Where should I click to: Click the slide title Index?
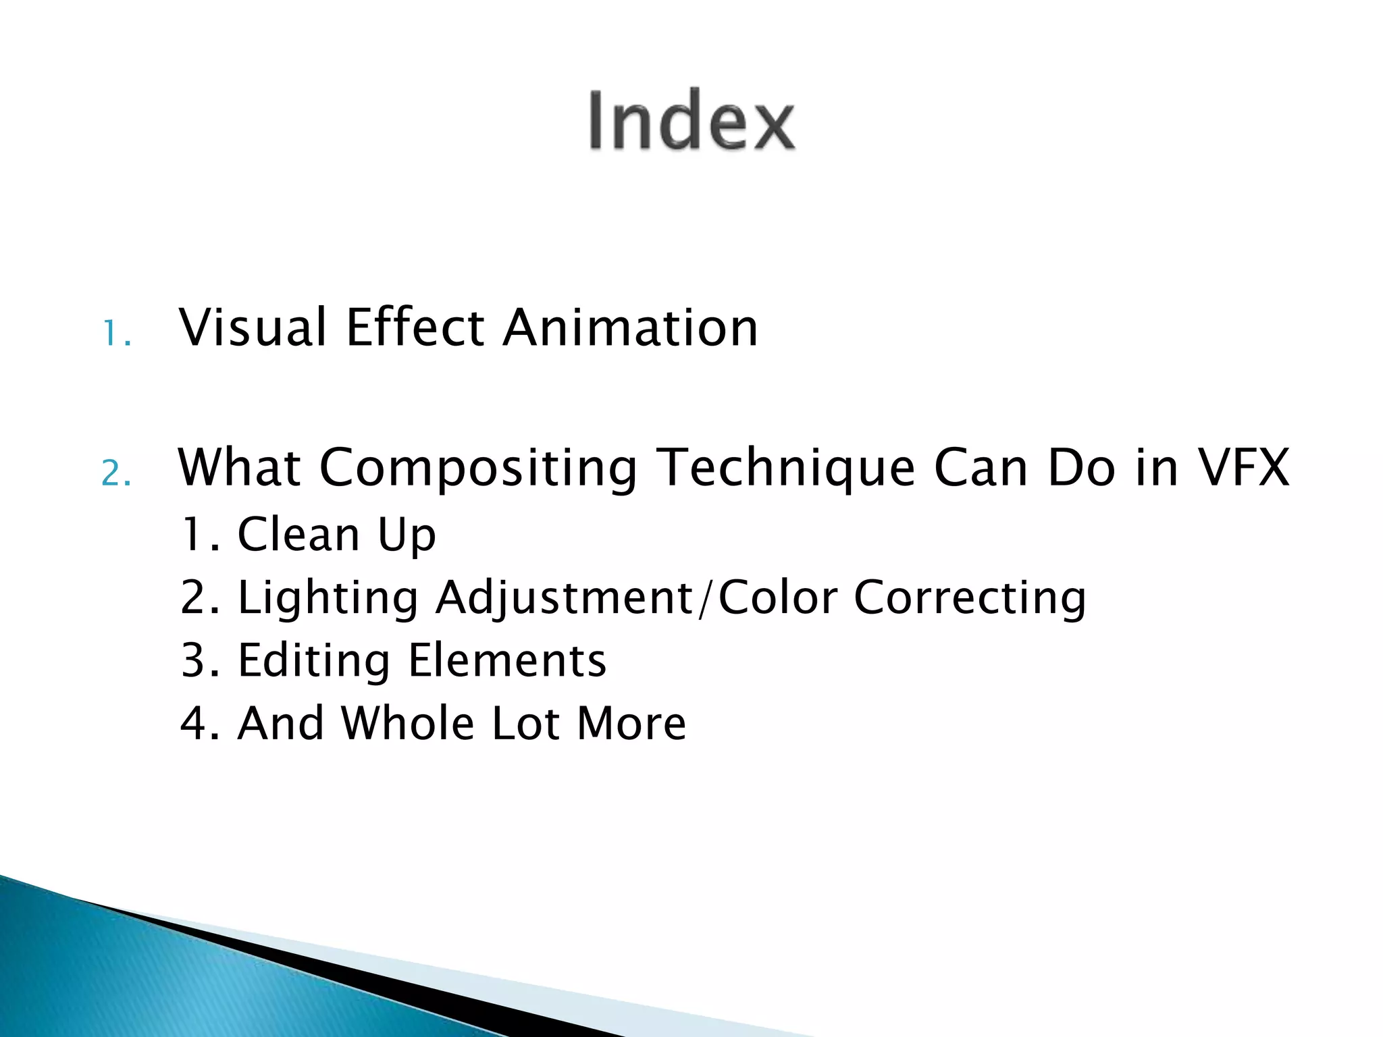coord(691,122)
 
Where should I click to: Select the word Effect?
coord(415,328)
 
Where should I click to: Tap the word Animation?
coord(631,328)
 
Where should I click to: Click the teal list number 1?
coord(113,334)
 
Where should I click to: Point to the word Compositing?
coord(478,469)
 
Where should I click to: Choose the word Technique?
coord(786,469)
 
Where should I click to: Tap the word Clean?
coord(298,535)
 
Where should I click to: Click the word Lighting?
coord(328,599)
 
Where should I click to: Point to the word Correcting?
coord(970,599)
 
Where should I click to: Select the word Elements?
coord(507,661)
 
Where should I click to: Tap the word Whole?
coord(408,724)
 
